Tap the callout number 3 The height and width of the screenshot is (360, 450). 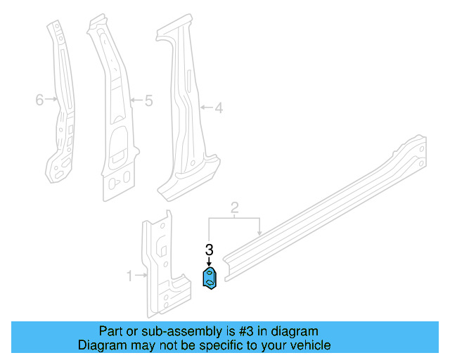pos(209,250)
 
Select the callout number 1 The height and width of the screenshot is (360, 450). pos(129,276)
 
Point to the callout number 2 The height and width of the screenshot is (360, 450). pos(235,207)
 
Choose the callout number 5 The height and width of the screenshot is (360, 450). pos(148,101)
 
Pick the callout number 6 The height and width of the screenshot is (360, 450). pos(39,100)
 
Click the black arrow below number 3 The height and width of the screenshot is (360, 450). pos(209,262)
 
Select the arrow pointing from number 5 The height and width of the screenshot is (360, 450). pos(136,101)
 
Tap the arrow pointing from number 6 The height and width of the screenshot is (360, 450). pos(51,100)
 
